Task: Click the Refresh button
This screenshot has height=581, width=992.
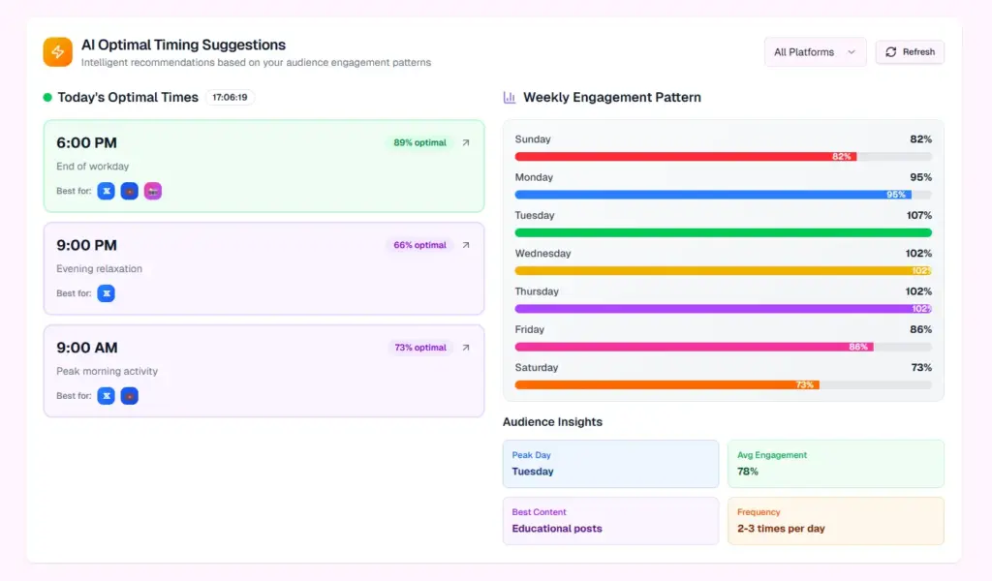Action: pyautogui.click(x=910, y=52)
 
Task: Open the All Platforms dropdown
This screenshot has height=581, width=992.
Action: pyautogui.click(x=815, y=52)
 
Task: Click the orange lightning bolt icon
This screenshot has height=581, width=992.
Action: pyautogui.click(x=58, y=52)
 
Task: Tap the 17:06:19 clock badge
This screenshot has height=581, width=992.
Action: pyautogui.click(x=231, y=98)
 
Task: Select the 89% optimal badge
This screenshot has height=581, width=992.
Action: pyautogui.click(x=419, y=142)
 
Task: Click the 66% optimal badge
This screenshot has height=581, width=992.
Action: pyautogui.click(x=419, y=245)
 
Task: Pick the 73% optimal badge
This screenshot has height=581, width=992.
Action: pyautogui.click(x=419, y=348)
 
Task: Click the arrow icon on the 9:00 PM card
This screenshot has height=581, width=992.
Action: pyautogui.click(x=466, y=245)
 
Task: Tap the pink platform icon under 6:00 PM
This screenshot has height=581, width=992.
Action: pyautogui.click(x=153, y=191)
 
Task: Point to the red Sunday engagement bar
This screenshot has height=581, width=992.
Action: pyautogui.click(x=685, y=156)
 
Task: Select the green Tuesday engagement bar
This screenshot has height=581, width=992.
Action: pyautogui.click(x=723, y=232)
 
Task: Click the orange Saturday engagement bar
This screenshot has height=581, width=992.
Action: pyautogui.click(x=666, y=384)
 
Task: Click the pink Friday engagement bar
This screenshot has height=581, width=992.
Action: pyautogui.click(x=694, y=347)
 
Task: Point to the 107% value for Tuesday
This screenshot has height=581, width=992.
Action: pyautogui.click(x=918, y=216)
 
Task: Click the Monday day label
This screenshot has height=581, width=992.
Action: pyautogui.click(x=534, y=177)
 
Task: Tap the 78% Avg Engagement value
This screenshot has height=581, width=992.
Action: pyautogui.click(x=748, y=472)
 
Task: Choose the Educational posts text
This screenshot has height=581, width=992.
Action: pyautogui.click(x=557, y=529)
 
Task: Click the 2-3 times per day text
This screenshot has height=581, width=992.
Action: pyautogui.click(x=781, y=529)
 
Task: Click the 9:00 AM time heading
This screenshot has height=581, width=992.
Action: pyautogui.click(x=86, y=348)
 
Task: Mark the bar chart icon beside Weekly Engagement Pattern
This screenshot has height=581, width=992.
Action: pyautogui.click(x=510, y=98)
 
